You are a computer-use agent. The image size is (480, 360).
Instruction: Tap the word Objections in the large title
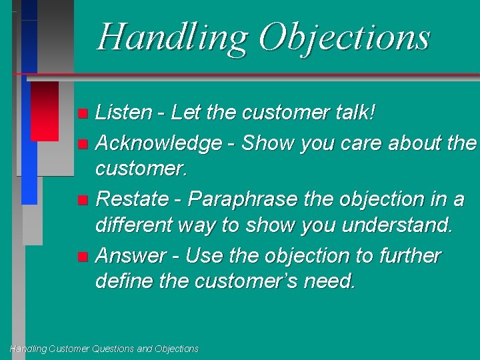click(x=344, y=37)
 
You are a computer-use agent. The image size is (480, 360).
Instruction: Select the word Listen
click(x=124, y=113)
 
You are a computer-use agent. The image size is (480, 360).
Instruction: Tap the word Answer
click(x=131, y=256)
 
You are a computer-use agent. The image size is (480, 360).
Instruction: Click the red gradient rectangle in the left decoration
click(x=45, y=111)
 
